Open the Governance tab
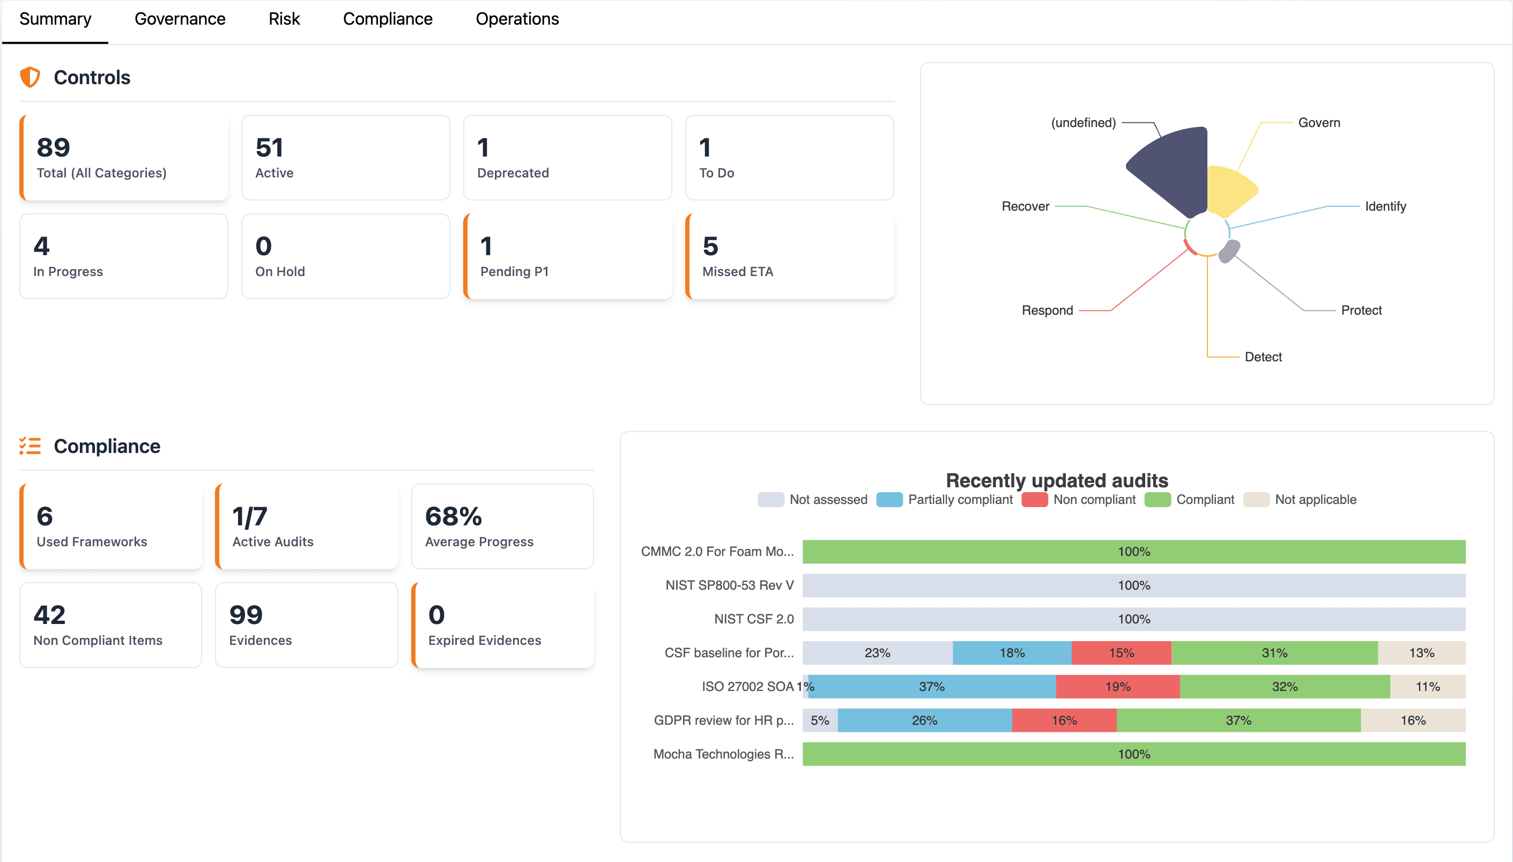[180, 19]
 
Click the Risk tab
[284, 19]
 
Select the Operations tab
[517, 19]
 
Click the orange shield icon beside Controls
[29, 77]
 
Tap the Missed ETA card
[790, 256]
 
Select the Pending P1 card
[568, 256]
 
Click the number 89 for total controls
[53, 147]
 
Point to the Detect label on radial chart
[1263, 357]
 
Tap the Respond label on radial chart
[1047, 310]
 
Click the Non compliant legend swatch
[1035, 500]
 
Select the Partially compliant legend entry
[945, 500]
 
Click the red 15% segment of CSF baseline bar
[1121, 652]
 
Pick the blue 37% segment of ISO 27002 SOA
[932, 686]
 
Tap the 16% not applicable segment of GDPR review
[1413, 720]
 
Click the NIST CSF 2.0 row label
[753, 619]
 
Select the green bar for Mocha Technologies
[1133, 754]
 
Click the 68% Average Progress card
[502, 526]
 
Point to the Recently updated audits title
[1057, 480]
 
